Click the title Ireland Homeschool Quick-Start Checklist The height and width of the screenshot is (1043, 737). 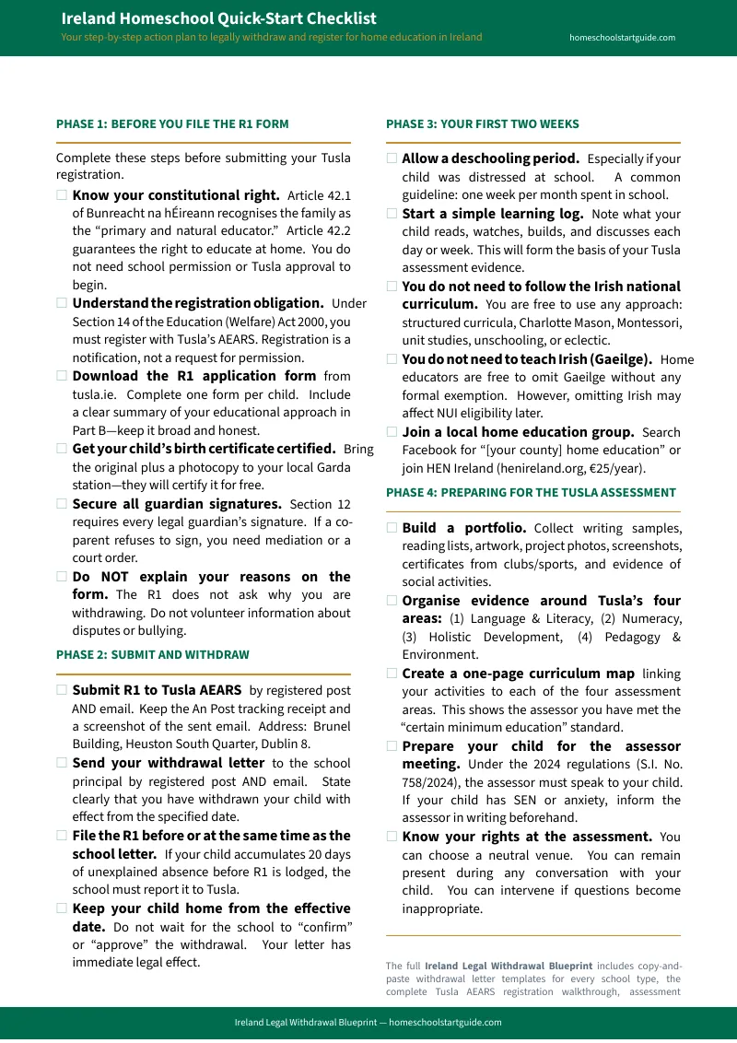tap(218, 18)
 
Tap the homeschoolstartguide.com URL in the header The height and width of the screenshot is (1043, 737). tap(622, 38)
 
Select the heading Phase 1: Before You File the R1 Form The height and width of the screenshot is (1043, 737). tap(172, 123)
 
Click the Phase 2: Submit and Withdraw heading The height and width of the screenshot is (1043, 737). tap(152, 654)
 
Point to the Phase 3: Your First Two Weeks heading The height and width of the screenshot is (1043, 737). tap(482, 123)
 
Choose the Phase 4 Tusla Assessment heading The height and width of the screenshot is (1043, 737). tap(531, 492)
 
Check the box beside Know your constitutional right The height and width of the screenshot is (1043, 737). tap(62, 195)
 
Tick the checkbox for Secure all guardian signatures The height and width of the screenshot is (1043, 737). tap(62, 504)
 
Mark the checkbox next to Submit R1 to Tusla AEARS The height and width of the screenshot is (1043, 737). tap(62, 690)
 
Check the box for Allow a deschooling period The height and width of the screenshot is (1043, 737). tap(392, 158)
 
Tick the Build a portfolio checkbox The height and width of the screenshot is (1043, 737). tap(392, 528)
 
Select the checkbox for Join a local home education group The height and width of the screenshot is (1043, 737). tap(392, 431)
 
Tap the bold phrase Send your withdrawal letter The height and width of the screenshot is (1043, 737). tap(168, 763)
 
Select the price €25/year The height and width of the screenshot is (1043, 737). tap(616, 467)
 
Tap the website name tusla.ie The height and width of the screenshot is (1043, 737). tap(93, 393)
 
